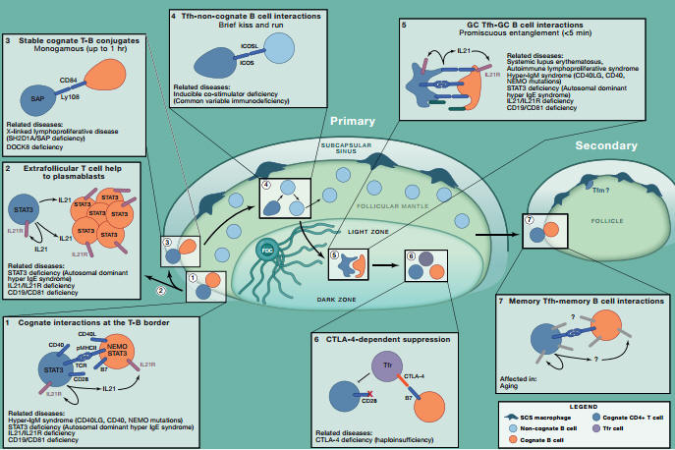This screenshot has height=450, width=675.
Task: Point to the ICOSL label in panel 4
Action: [234, 44]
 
